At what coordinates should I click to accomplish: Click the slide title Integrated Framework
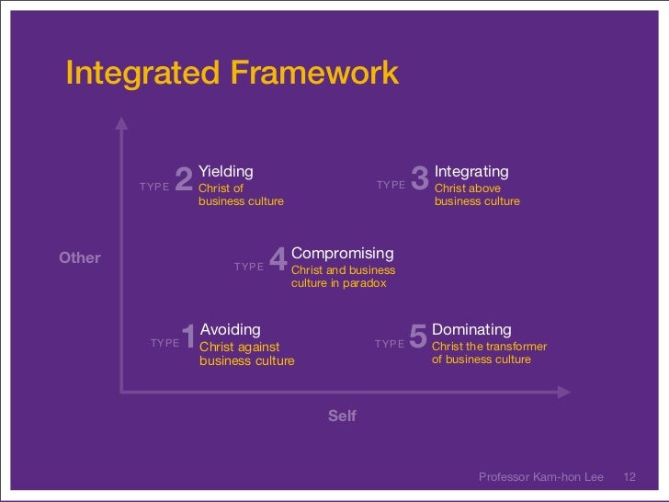tap(232, 73)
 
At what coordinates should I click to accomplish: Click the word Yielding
tap(226, 171)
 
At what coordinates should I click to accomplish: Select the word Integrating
tap(471, 172)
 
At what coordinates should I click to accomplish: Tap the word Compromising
tap(342, 253)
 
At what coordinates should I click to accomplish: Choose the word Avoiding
tap(230, 329)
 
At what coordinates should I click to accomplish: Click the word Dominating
tap(471, 329)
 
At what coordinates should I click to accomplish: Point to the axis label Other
tap(80, 257)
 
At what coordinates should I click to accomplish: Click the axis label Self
tap(342, 416)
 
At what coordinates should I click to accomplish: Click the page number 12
tap(629, 476)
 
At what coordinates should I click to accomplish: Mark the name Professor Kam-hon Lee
tap(541, 476)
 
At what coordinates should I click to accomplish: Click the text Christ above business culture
tap(477, 195)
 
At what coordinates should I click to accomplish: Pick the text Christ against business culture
tap(246, 354)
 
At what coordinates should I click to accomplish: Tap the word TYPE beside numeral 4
tap(249, 267)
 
